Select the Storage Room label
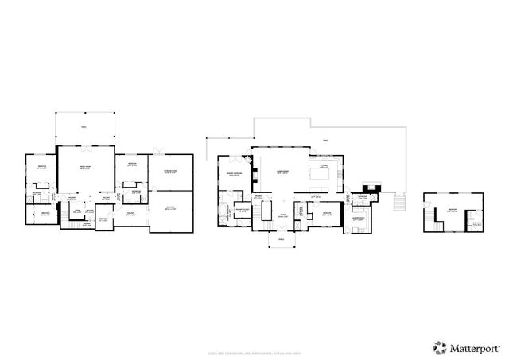(x=170, y=172)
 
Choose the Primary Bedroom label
(x=235, y=174)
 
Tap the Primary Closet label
(x=241, y=211)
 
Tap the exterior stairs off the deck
(x=400, y=203)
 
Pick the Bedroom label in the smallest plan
(x=452, y=210)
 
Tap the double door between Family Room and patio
(x=85, y=147)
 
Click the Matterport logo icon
(x=440, y=346)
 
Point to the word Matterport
(x=473, y=347)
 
